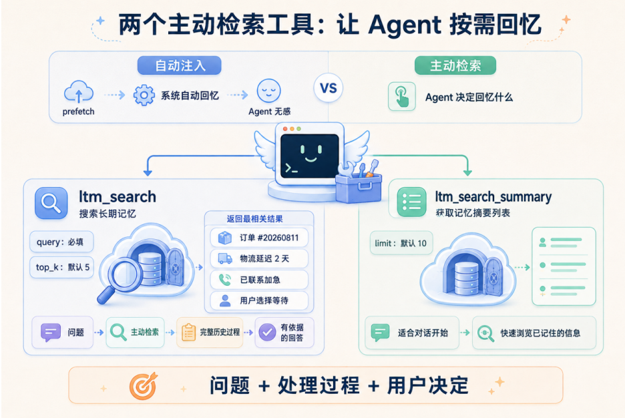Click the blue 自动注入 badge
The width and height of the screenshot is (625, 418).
click(180, 65)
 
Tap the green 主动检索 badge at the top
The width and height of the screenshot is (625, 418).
click(455, 65)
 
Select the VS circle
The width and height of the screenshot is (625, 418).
click(329, 88)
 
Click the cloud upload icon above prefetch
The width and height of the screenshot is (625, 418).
click(79, 92)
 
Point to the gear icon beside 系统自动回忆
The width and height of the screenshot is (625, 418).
click(144, 95)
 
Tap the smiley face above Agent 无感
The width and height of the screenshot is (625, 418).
click(268, 91)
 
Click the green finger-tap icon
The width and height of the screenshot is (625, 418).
click(402, 96)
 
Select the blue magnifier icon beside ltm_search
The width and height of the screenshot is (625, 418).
click(51, 203)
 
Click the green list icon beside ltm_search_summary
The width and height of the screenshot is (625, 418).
click(412, 202)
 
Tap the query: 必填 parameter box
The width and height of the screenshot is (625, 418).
click(61, 242)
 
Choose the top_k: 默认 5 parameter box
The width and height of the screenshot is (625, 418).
click(62, 267)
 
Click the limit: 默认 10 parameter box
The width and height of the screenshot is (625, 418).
click(401, 243)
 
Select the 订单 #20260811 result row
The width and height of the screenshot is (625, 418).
click(259, 238)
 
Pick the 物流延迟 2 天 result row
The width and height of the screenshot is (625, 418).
click(259, 259)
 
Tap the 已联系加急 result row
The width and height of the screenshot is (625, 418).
click(259, 280)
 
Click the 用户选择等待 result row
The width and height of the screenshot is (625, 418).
click(259, 300)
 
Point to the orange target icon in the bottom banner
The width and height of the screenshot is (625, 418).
click(144, 386)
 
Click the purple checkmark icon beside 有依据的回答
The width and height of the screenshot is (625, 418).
click(267, 332)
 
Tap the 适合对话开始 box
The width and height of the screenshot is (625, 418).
click(412, 333)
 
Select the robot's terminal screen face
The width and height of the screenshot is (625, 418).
click(310, 156)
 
